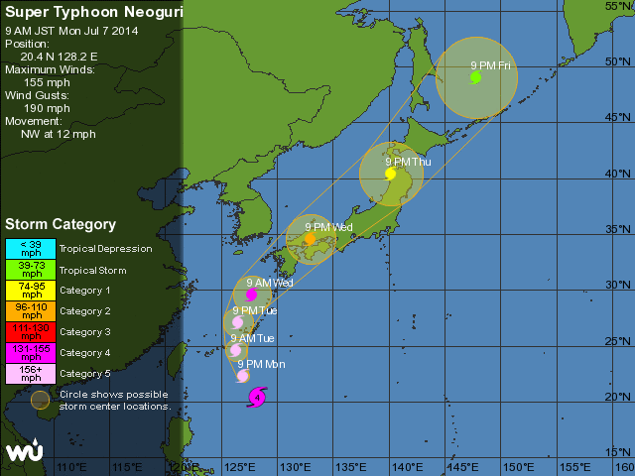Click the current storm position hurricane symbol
pyautogui.click(x=257, y=398)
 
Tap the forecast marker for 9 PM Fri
pyautogui.click(x=475, y=76)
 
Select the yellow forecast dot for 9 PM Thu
pyautogui.click(x=391, y=174)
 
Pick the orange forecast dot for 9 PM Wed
pyautogui.click(x=310, y=238)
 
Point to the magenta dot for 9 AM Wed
pyautogui.click(x=252, y=295)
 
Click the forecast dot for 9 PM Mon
pyautogui.click(x=242, y=375)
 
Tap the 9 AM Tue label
pyautogui.click(x=252, y=338)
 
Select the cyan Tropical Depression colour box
pyautogui.click(x=32, y=248)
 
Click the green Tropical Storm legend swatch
pyautogui.click(x=32, y=269)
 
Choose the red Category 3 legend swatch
pyautogui.click(x=32, y=331)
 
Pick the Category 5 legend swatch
pyautogui.click(x=32, y=373)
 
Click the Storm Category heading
pyautogui.click(x=61, y=224)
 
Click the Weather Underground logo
pyautogui.click(x=23, y=452)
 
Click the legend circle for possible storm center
pyautogui.click(x=39, y=400)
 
